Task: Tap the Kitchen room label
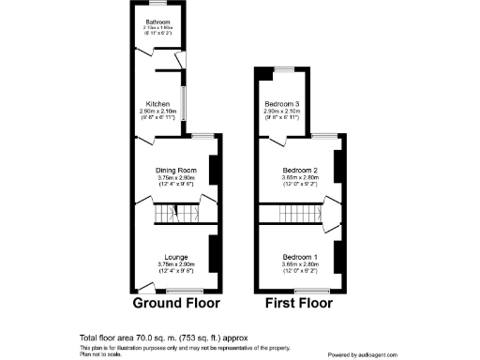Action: point(157,103)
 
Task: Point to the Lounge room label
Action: point(175,257)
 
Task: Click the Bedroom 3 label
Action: point(281,103)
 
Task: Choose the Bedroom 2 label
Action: point(301,170)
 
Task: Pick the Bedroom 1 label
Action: point(301,257)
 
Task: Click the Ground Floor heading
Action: point(176,303)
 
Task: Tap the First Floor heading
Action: point(298,303)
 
